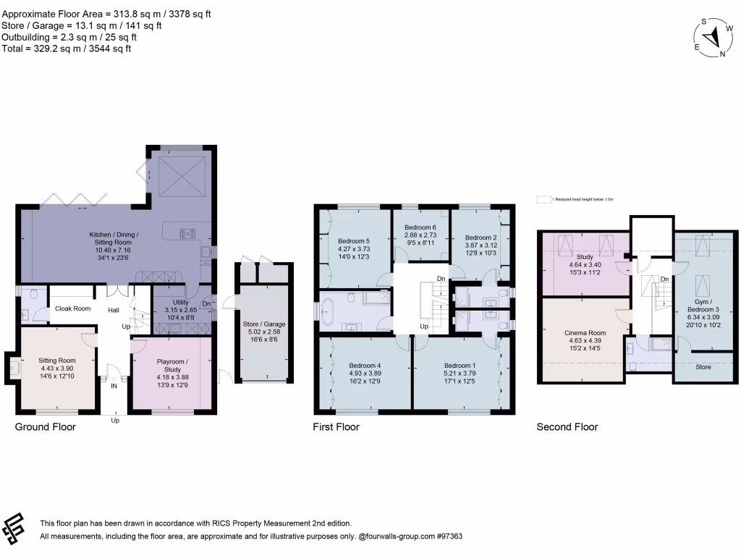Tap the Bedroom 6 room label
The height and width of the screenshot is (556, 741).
(420, 227)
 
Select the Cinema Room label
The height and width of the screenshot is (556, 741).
(584, 333)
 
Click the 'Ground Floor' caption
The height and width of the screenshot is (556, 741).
(46, 427)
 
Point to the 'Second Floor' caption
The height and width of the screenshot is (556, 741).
(567, 427)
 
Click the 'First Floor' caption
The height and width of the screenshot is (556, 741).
(336, 427)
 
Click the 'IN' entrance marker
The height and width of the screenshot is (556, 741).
(114, 387)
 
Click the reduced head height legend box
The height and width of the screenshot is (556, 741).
(543, 198)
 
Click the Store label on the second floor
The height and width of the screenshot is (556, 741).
(703, 367)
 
